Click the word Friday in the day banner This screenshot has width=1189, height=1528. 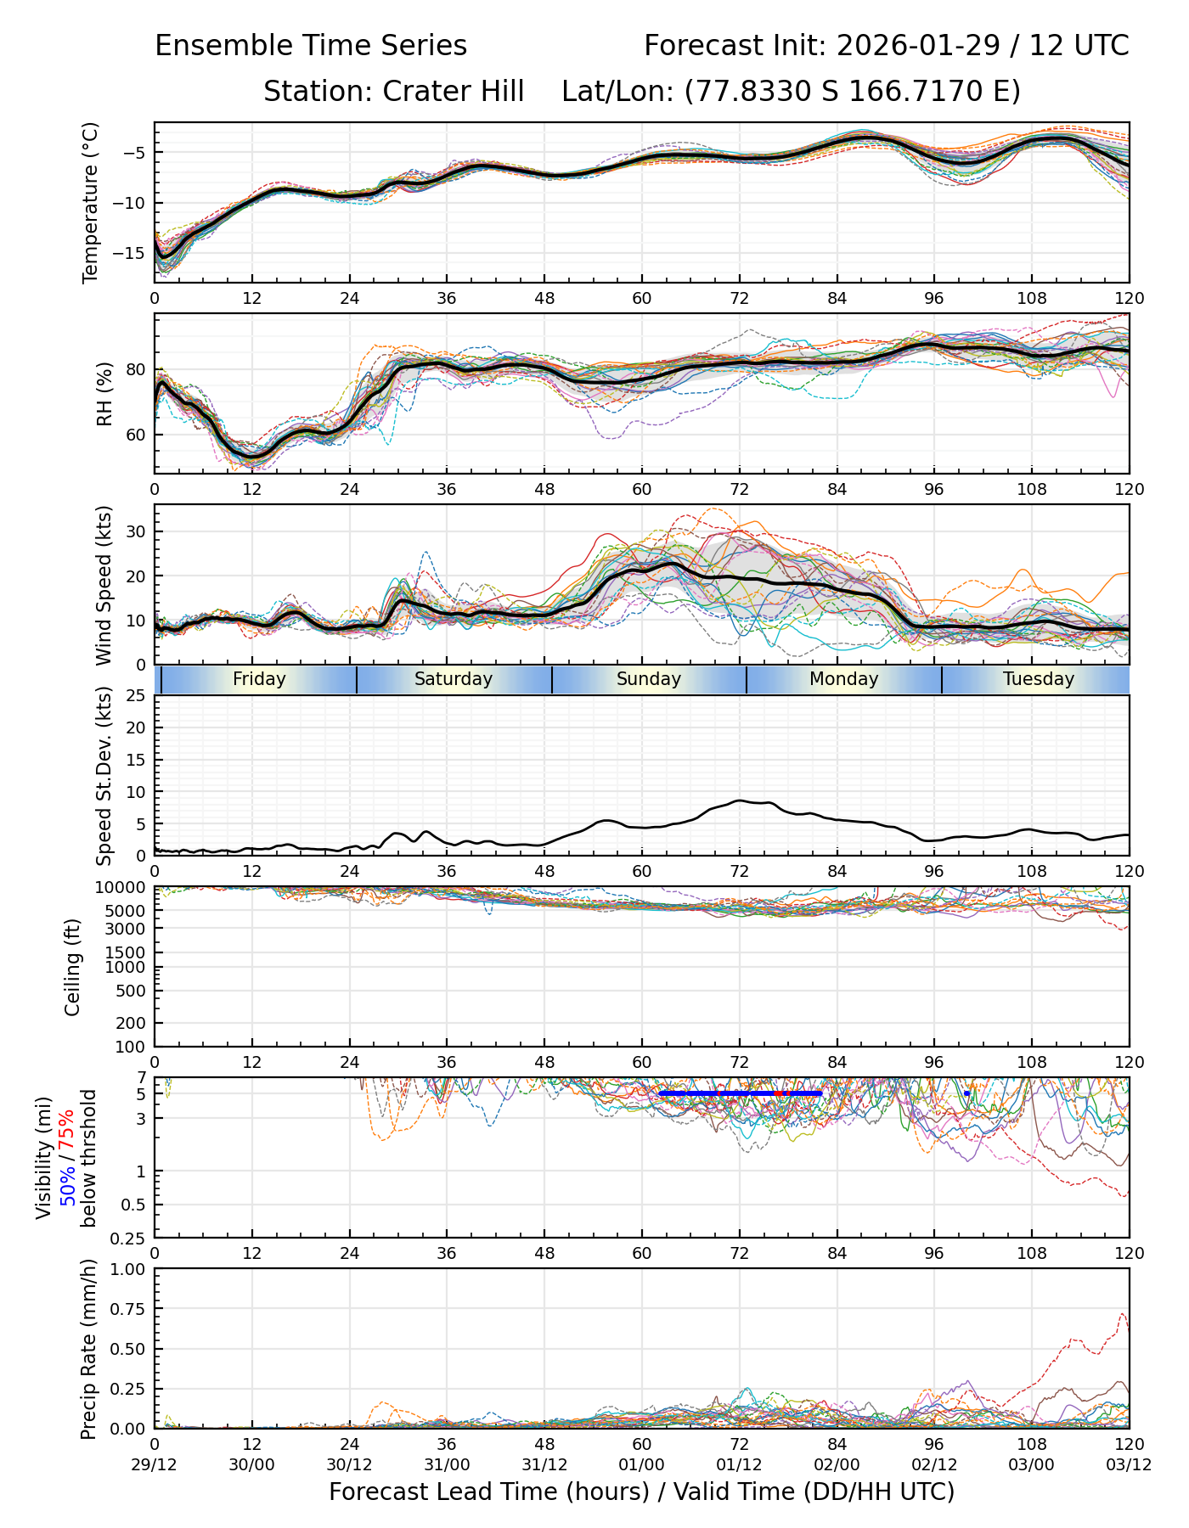(x=259, y=679)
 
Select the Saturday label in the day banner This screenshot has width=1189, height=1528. (x=454, y=679)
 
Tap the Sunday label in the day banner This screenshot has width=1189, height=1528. (x=649, y=679)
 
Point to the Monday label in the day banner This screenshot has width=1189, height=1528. (x=843, y=679)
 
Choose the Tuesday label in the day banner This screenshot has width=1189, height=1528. (x=1039, y=679)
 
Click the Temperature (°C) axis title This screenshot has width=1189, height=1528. (x=91, y=202)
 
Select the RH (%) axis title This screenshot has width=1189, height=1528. (x=105, y=394)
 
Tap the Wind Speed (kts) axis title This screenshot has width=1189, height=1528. (x=104, y=585)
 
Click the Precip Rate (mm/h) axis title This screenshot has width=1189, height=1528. (x=89, y=1349)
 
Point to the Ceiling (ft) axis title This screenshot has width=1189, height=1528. (x=73, y=967)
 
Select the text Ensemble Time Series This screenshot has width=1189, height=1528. (x=311, y=46)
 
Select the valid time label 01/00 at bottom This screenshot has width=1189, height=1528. (x=642, y=1465)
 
